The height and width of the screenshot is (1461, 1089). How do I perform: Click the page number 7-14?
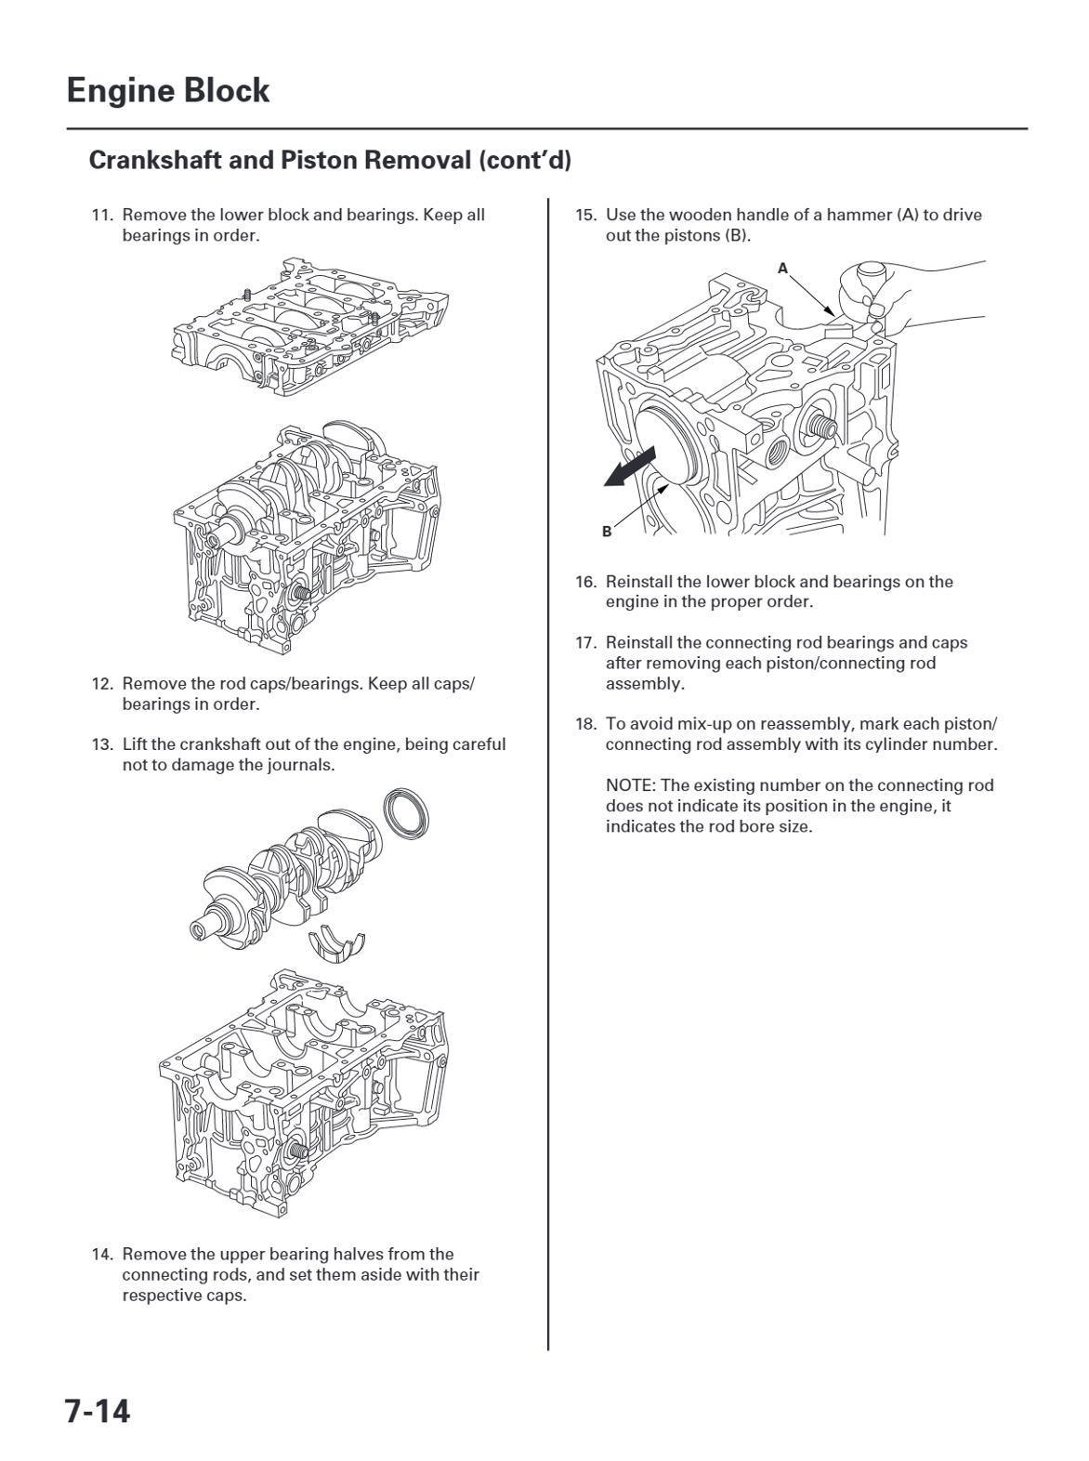[x=98, y=1411]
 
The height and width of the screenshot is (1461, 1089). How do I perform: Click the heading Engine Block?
[x=168, y=90]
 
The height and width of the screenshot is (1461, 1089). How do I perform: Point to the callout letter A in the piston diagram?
[x=782, y=268]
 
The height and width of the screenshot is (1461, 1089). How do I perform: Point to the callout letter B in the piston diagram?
[x=607, y=532]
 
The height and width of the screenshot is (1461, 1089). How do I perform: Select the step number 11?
[x=101, y=215]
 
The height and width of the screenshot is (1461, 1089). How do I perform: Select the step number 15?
[x=584, y=215]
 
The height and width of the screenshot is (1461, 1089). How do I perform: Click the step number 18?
[x=584, y=724]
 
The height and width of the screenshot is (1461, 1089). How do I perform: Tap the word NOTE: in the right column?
[x=630, y=785]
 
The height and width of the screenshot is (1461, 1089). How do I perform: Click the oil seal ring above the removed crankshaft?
[x=406, y=815]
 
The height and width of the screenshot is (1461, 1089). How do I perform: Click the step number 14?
[x=101, y=1254]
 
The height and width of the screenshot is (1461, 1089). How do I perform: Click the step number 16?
[x=584, y=582]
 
